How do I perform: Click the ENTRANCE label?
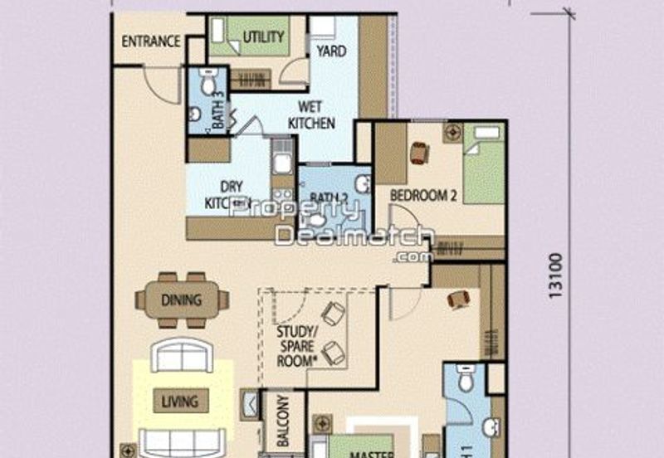151,41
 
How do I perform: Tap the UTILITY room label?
263,37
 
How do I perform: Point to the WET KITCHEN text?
311,114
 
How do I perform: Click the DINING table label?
181,300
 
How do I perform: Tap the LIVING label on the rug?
179,402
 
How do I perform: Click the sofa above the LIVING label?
182,356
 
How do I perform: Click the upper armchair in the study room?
334,313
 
